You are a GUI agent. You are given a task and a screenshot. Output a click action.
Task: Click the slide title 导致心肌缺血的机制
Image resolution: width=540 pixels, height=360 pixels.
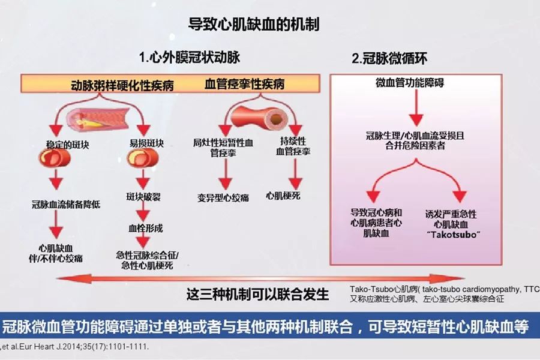[254, 25]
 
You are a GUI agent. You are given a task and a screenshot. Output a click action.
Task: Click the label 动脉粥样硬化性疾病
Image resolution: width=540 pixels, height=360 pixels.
[122, 85]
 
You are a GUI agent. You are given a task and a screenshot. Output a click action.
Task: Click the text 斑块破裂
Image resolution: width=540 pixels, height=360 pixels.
[143, 197]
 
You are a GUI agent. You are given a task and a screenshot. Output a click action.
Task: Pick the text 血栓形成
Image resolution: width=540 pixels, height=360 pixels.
[143, 229]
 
